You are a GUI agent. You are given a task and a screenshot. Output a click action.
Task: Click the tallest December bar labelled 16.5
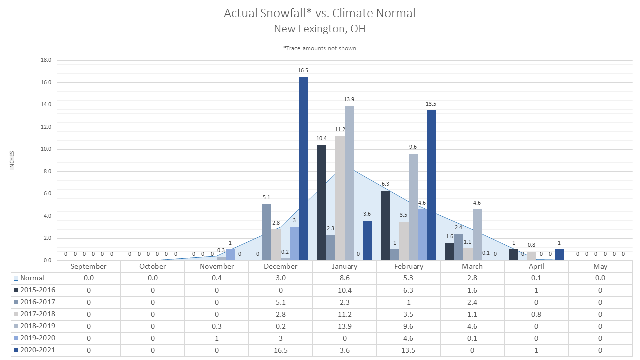tap(303, 169)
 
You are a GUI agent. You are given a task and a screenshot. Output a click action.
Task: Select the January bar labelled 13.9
tap(349, 183)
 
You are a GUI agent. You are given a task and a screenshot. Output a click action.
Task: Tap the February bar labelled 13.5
tap(431, 185)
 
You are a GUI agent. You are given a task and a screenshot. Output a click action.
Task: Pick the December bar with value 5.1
tap(267, 232)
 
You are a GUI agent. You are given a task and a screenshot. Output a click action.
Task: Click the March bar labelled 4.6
tap(477, 235)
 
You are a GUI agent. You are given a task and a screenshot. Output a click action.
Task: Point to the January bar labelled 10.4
tap(322, 203)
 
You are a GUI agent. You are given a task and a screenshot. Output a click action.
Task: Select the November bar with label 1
tap(230, 255)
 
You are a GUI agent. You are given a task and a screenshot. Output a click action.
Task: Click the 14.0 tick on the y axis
tap(46, 105)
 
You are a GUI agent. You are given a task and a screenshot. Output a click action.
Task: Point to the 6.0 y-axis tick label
tap(47, 193)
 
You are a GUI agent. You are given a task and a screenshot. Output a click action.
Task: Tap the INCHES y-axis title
tap(12, 160)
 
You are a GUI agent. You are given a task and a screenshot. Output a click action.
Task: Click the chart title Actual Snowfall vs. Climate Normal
tap(319, 13)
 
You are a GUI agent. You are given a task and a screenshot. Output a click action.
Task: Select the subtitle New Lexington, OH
tap(319, 29)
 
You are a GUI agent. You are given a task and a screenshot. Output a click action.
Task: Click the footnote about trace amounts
tap(319, 48)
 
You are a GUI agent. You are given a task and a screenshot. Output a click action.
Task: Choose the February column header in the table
tap(409, 266)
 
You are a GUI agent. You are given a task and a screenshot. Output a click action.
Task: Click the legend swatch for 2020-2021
tap(16, 350)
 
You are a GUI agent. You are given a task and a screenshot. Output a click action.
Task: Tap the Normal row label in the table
tap(32, 278)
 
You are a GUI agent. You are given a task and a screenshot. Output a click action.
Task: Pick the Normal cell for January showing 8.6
tap(345, 278)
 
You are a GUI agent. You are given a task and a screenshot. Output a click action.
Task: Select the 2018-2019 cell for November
tap(217, 326)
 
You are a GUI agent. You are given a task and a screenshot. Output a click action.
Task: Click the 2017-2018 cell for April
tap(536, 314)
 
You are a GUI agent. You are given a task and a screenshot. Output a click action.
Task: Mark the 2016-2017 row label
tap(38, 302)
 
